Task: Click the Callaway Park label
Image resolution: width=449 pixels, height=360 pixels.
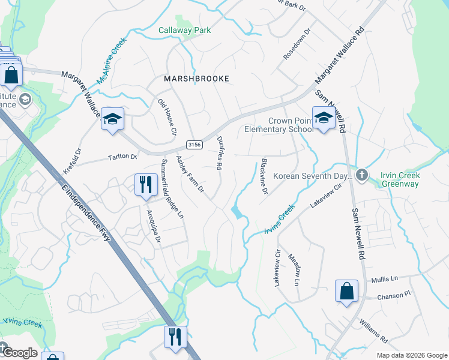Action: click(184, 30)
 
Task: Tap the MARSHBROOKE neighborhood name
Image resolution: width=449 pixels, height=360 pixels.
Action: click(190, 79)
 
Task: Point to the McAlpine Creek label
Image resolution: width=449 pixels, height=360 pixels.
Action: click(111, 60)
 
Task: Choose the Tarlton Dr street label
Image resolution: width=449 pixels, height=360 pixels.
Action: click(122, 157)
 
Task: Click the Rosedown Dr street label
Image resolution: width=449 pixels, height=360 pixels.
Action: click(297, 44)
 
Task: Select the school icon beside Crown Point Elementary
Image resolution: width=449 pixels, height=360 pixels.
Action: click(324, 118)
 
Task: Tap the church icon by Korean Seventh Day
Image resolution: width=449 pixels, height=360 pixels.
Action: click(361, 175)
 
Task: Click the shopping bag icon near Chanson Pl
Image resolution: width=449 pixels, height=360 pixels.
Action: click(346, 292)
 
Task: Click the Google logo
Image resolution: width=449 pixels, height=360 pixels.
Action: click(19, 353)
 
